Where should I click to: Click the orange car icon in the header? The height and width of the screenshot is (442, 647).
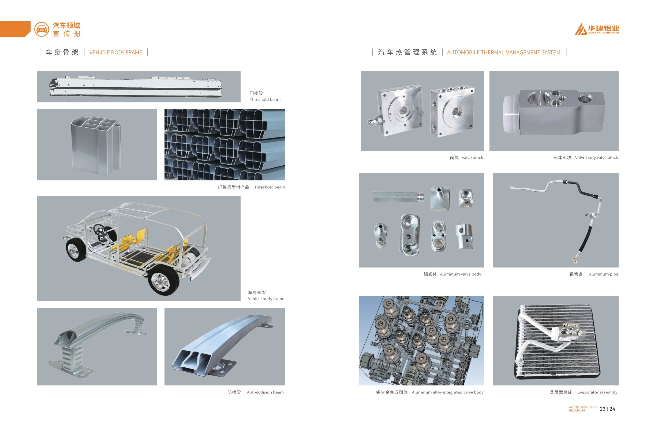pos(42,29)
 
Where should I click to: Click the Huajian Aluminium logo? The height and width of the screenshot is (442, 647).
pos(597,29)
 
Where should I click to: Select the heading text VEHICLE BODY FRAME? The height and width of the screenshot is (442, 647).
pos(115,52)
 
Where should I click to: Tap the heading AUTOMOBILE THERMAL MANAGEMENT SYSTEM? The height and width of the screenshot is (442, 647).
pos(503,52)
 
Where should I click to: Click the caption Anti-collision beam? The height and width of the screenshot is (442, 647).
pos(265,392)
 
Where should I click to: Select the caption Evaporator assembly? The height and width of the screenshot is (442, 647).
pos(597,392)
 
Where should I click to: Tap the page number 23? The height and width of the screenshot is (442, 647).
pos(603,409)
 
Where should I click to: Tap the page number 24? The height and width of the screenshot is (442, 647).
pos(612,409)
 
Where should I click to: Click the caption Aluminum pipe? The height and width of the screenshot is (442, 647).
pos(603,274)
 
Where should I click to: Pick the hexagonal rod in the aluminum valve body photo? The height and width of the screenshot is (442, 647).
pos(398,197)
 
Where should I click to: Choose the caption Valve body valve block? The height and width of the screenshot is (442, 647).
pos(596,157)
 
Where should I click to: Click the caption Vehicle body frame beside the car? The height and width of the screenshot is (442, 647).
pos(266,299)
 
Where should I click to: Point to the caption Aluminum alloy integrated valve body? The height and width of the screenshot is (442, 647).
pos(448,392)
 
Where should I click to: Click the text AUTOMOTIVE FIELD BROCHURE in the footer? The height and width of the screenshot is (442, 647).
pos(583,409)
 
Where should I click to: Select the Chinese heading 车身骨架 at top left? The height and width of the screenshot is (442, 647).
pos(62,52)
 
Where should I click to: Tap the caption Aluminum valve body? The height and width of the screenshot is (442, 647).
pos(461,274)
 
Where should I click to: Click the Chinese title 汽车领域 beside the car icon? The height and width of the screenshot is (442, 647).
pos(66,26)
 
